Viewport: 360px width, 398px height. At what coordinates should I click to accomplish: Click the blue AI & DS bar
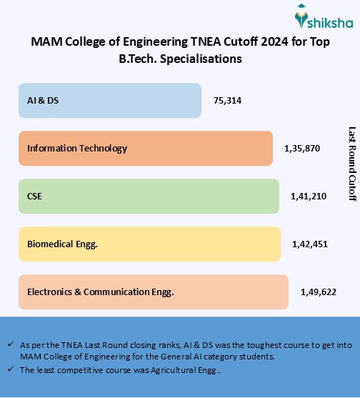coord(110,101)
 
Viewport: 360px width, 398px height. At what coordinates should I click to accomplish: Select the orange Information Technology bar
coord(146,149)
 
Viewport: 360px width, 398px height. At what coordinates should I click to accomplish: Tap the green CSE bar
coord(149,196)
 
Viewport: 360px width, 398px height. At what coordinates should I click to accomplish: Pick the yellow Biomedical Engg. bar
coord(149,244)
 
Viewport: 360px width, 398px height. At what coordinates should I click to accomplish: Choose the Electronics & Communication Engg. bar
coord(153,292)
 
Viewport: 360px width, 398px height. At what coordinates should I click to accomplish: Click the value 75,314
coord(227,101)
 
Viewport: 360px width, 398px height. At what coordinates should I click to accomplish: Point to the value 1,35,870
coord(302,149)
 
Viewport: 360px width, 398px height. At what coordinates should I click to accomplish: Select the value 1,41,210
coord(309,196)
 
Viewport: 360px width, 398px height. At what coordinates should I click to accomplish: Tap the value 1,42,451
coord(310,244)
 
